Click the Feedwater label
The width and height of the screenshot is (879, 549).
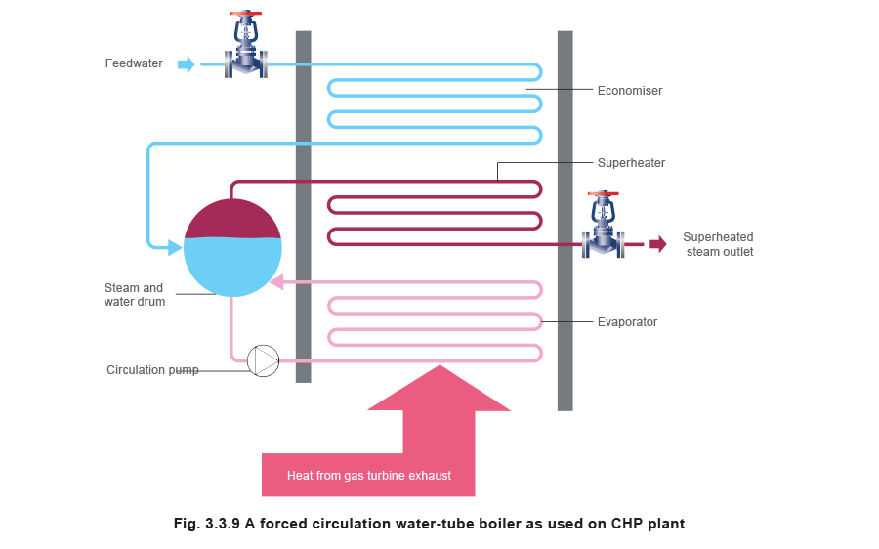click(135, 64)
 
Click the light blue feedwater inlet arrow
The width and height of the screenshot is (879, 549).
click(186, 64)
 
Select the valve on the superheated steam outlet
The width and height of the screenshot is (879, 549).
click(603, 232)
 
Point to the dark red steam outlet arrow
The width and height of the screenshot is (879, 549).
click(658, 243)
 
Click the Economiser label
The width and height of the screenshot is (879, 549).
click(630, 91)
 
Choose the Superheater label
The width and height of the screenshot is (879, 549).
click(631, 163)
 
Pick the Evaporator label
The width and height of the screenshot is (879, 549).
click(626, 321)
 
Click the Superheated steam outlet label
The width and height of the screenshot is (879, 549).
click(719, 244)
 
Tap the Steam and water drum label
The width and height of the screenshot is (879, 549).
click(136, 295)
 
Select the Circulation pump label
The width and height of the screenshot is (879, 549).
click(152, 370)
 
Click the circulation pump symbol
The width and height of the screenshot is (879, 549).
click(263, 360)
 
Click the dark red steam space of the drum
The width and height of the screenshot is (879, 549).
click(232, 219)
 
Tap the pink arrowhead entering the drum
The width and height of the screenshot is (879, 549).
click(276, 283)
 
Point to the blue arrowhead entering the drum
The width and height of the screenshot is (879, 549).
click(176, 248)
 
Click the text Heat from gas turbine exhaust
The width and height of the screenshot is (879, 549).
click(368, 476)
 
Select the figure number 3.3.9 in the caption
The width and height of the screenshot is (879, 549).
click(225, 524)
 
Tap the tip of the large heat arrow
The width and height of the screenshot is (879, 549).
click(439, 367)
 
